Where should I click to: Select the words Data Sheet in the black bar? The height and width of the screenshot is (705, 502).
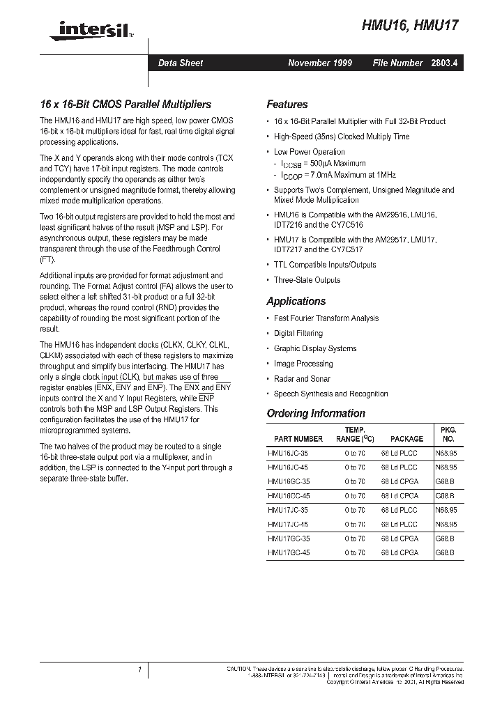[x=181, y=63]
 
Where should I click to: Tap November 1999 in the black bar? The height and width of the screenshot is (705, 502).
[x=320, y=63]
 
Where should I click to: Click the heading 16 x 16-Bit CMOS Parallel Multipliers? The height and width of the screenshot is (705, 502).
[x=125, y=104]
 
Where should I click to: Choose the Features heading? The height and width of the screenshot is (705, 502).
[x=287, y=104]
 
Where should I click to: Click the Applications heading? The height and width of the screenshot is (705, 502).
[x=296, y=302]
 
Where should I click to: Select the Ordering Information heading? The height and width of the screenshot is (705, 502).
[x=316, y=413]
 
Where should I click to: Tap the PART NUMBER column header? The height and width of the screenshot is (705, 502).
[x=298, y=439]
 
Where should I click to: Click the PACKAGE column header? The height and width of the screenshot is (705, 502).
[x=406, y=439]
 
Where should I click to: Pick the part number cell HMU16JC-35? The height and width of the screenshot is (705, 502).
[x=289, y=453]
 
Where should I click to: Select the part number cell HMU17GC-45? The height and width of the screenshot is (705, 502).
[x=289, y=552]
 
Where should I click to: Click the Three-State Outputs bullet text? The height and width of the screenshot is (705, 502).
[x=307, y=280]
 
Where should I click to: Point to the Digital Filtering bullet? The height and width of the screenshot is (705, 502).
[x=298, y=334]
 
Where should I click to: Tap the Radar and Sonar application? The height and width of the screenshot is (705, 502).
[x=301, y=379]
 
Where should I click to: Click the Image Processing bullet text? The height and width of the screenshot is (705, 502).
[x=303, y=364]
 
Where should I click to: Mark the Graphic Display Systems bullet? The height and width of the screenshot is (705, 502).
[x=315, y=348]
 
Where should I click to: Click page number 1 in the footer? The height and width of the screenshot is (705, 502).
[x=140, y=669]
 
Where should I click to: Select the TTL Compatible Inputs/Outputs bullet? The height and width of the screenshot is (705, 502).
[x=325, y=265]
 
